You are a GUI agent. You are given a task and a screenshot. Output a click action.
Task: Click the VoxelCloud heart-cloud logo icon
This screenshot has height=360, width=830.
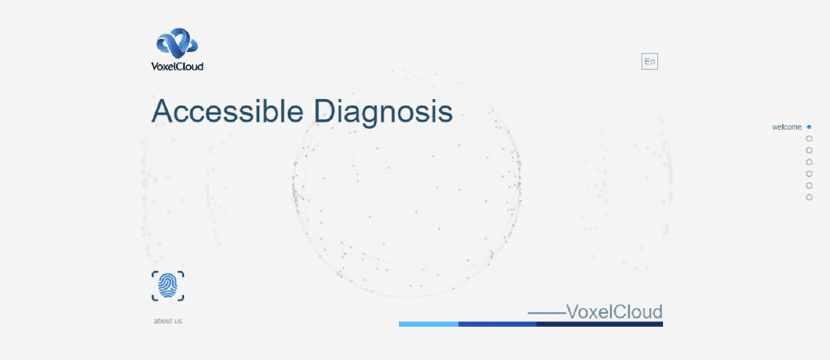(x=177, y=44)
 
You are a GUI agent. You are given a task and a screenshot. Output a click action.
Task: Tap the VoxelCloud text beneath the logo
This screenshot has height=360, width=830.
(x=178, y=66)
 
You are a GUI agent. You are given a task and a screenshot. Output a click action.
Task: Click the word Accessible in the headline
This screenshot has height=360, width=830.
(x=228, y=110)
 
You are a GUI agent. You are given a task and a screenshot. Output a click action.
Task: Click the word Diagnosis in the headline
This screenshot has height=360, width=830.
(x=383, y=112)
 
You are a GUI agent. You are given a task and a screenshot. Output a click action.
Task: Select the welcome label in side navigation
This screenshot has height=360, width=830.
(x=787, y=127)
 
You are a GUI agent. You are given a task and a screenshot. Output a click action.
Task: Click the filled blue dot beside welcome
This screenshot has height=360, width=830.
(x=809, y=127)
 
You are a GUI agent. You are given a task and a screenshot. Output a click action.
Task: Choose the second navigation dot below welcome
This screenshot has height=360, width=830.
(x=809, y=139)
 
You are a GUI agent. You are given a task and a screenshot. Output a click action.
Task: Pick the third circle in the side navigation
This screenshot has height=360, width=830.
(x=809, y=150)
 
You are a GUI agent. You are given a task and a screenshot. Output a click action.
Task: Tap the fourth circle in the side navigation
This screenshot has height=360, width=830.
(x=809, y=162)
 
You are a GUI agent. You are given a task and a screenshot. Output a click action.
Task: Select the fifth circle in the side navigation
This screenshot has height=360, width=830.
(x=809, y=174)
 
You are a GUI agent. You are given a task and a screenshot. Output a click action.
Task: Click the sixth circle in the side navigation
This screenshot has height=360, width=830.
(x=809, y=186)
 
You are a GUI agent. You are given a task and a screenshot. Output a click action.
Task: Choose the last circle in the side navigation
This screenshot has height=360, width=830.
(x=809, y=198)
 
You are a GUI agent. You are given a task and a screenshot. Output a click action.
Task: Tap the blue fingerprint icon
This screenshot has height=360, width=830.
(x=168, y=286)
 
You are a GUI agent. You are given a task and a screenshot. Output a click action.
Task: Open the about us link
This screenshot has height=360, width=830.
(x=168, y=321)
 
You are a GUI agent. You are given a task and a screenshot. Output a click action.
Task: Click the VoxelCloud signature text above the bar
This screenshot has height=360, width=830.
(x=614, y=312)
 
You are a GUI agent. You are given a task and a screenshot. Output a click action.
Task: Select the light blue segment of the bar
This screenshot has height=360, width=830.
(x=429, y=324)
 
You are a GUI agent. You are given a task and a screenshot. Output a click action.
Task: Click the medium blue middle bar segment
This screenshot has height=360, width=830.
(x=498, y=324)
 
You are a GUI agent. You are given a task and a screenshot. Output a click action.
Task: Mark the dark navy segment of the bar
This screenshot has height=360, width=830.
(x=600, y=324)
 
